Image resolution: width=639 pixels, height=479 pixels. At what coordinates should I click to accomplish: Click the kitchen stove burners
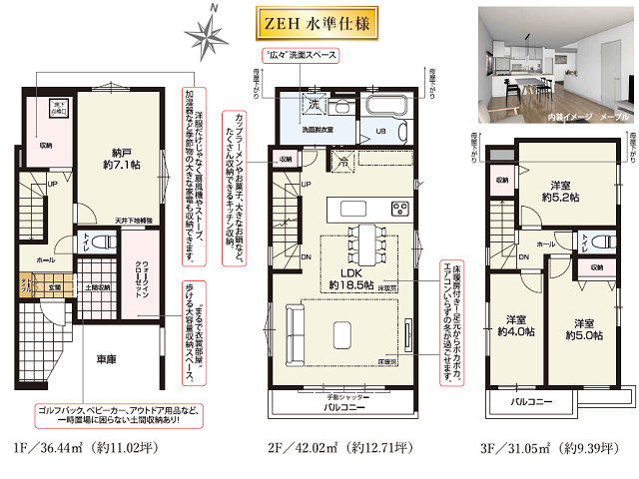[398, 209]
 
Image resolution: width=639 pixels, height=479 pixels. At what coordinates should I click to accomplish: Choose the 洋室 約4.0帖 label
[516, 325]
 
